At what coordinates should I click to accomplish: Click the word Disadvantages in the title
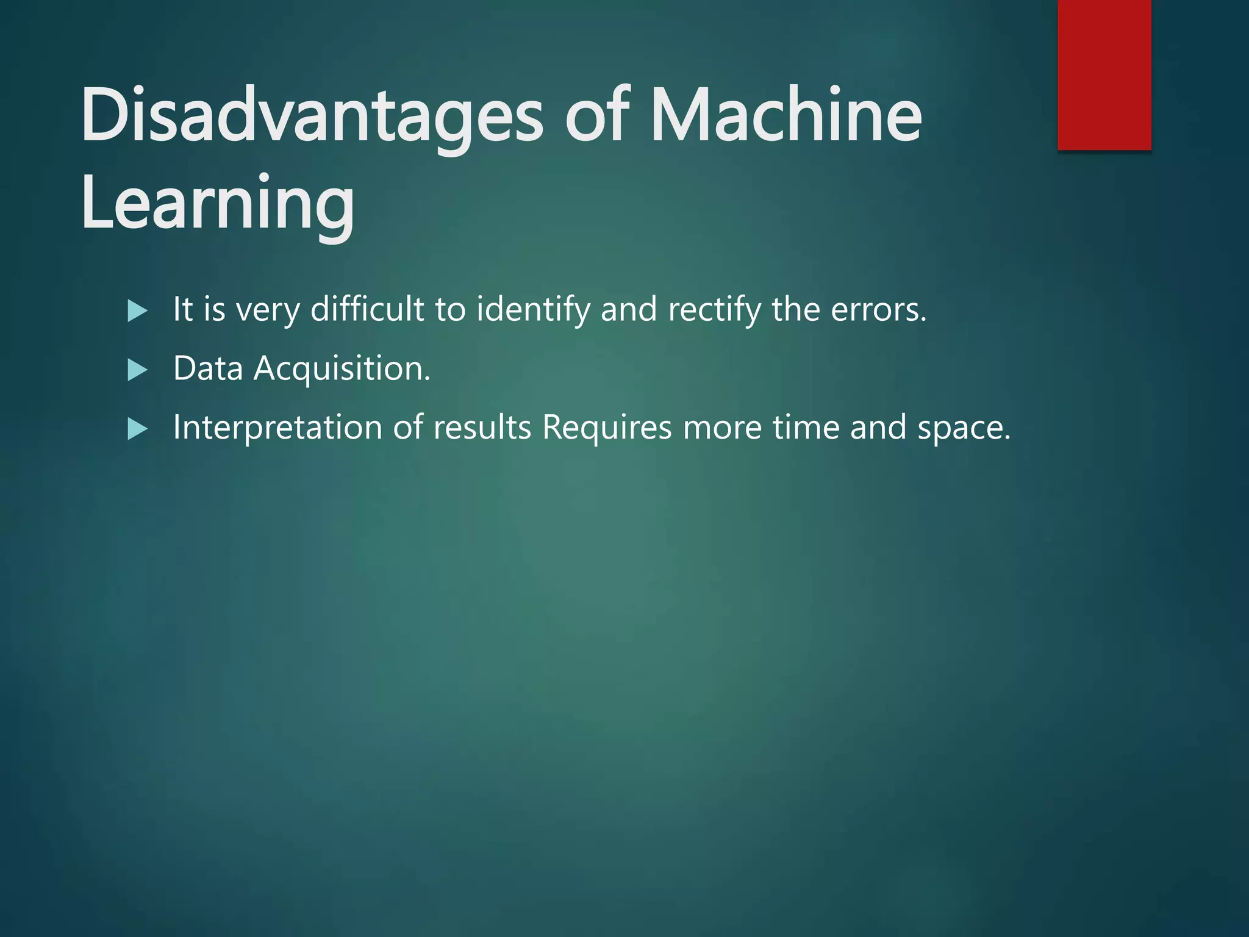pos(311,116)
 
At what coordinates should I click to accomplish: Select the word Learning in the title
pos(217,204)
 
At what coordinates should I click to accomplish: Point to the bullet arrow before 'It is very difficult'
pos(138,311)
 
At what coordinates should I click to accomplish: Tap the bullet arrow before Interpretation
pos(138,429)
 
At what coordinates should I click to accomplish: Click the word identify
pos(533,310)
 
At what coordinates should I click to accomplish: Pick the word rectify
pos(714,310)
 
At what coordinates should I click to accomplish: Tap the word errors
pos(878,310)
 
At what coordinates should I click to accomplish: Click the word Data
pos(208,368)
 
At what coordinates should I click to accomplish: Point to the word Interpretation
pos(277,428)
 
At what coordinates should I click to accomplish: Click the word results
pos(482,427)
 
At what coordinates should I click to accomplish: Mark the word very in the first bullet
pos(268,310)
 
